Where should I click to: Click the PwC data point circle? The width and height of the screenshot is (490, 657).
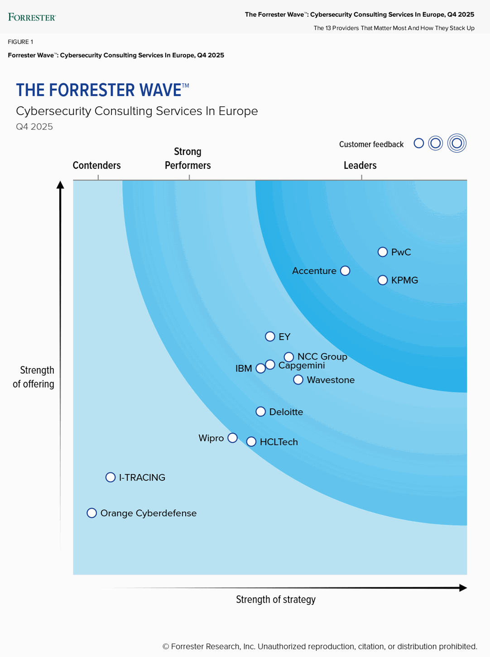point(383,252)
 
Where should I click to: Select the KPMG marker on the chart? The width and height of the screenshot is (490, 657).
point(383,280)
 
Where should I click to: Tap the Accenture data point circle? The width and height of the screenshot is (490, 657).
point(345,271)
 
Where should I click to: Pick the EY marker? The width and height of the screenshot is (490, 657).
point(270,336)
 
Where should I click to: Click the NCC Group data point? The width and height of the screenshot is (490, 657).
point(289,357)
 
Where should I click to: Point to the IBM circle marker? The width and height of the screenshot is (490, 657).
point(260,369)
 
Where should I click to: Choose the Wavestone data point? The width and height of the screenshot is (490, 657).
point(298,380)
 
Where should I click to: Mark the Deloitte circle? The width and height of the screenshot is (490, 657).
point(260,412)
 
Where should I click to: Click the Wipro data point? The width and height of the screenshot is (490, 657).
point(232,438)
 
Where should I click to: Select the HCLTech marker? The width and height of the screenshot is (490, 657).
point(251,442)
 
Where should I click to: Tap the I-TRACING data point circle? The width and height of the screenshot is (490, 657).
point(110,477)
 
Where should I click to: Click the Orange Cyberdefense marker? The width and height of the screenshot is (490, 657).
point(92,513)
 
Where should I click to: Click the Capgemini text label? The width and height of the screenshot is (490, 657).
point(302,365)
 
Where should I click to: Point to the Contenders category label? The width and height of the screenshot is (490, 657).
point(96,165)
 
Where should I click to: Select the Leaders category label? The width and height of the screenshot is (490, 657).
point(360,165)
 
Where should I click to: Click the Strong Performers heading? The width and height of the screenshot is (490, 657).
point(187,158)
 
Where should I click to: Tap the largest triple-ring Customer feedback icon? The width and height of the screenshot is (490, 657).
point(456,144)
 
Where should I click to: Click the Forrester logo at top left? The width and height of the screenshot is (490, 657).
point(32,17)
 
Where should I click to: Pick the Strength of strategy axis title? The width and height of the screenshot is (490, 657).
point(275,599)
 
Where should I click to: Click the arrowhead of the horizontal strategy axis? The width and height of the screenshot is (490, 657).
point(463,588)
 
